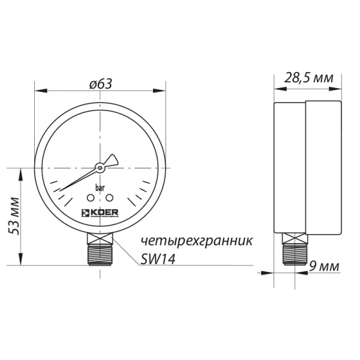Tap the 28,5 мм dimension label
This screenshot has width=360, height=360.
point(308,78)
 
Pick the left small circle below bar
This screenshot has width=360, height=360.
point(91,197)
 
